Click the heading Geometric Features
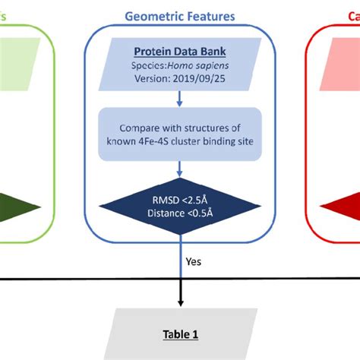tap(179, 15)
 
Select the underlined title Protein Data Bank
tap(179, 52)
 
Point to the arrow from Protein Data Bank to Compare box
tap(179, 98)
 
